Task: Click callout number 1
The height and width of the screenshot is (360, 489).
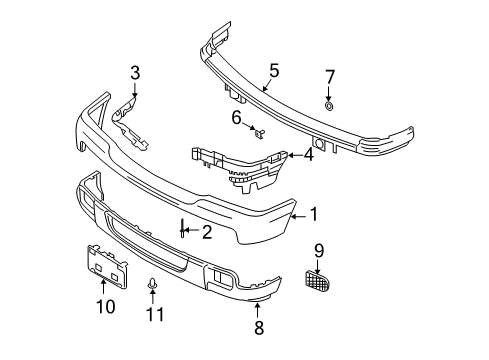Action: pos(313,213)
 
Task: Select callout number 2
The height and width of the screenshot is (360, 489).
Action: pos(207,232)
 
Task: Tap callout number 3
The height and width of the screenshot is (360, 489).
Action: pos(136,72)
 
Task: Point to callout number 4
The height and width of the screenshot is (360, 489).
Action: pos(308,154)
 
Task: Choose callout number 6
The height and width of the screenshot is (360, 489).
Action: pos(237,117)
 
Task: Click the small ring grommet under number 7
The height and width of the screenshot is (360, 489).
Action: pos(330,104)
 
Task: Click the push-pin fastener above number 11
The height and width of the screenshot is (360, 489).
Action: pos(152,285)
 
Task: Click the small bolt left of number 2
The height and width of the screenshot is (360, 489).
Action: pos(183,232)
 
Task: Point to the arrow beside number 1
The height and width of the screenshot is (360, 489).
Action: pos(296,213)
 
